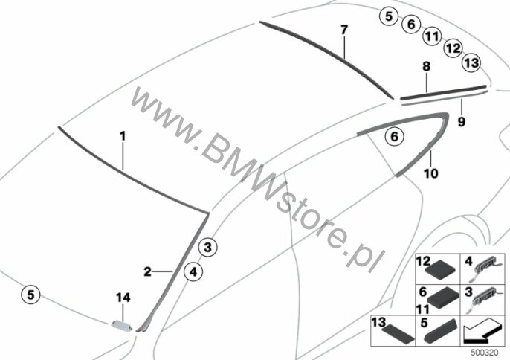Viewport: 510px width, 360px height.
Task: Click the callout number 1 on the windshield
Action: pos(123,137)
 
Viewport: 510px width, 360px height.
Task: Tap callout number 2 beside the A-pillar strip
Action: pos(148,271)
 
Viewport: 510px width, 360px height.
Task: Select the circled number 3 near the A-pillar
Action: pos(208,246)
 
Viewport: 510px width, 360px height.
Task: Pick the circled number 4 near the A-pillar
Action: pos(193,272)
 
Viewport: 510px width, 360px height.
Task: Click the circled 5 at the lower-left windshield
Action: pos(30,295)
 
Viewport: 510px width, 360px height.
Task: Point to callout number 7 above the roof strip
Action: pos(343,30)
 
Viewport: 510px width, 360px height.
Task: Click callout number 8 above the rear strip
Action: pos(426,67)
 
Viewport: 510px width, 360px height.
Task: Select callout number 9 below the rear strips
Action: pos(461,120)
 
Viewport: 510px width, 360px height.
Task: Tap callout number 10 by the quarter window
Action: pos(432,174)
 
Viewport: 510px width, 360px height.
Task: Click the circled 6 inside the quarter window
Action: pos(395,136)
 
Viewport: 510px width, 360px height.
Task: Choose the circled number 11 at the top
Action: pos(431,36)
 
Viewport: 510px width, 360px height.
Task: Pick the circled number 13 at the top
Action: pos(471,64)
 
